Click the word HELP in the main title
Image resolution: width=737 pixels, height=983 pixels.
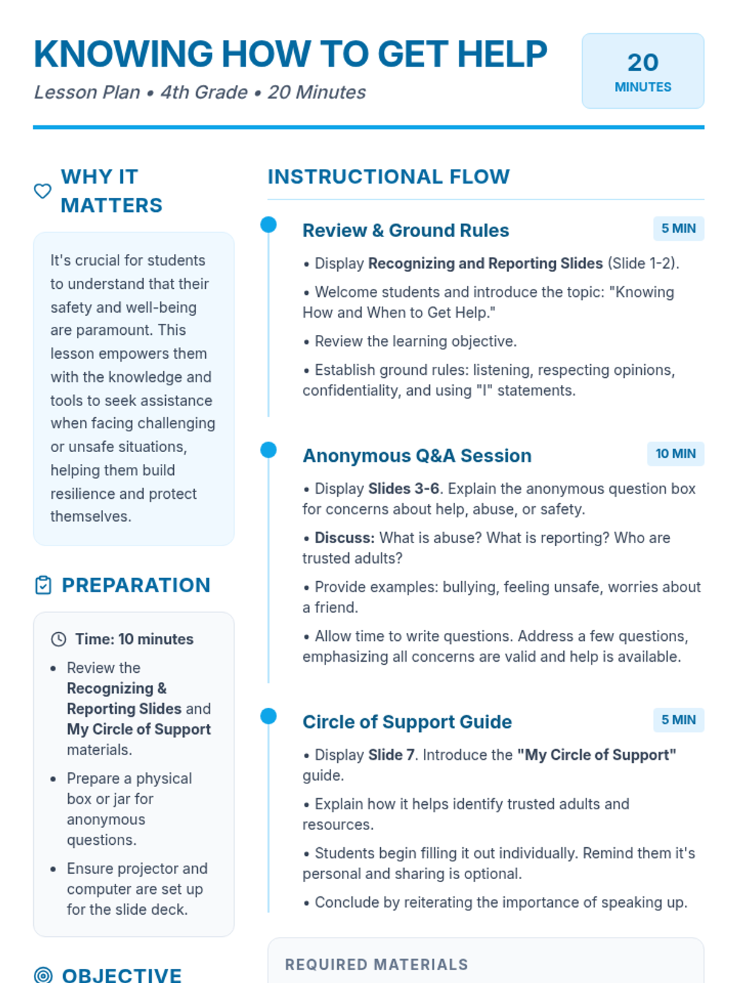point(502,54)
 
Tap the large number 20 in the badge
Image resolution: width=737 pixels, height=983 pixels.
point(642,63)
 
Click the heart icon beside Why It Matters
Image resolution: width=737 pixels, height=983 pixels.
point(42,191)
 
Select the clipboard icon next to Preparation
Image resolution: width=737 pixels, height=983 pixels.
point(43,585)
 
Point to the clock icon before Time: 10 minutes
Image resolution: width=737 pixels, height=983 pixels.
point(58,640)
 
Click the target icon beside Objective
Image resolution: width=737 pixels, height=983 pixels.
point(43,975)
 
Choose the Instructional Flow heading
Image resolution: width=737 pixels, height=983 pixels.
point(388,177)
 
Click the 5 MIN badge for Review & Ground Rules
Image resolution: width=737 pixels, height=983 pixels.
point(678,229)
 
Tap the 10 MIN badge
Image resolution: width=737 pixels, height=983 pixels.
point(676,454)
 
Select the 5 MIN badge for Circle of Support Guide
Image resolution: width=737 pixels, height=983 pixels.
point(678,720)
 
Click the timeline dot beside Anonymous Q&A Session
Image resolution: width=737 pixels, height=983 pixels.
point(268,450)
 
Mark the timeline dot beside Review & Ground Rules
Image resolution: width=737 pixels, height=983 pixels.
point(268,225)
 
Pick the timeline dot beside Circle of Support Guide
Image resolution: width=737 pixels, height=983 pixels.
point(268,716)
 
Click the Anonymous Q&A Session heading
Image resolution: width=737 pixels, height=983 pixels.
point(417,456)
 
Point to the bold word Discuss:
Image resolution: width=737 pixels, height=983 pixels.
point(345,538)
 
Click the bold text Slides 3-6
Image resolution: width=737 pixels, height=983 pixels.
point(404,489)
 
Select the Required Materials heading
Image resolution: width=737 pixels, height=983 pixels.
point(376,965)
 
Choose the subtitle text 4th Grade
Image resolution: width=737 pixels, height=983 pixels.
point(204,92)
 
